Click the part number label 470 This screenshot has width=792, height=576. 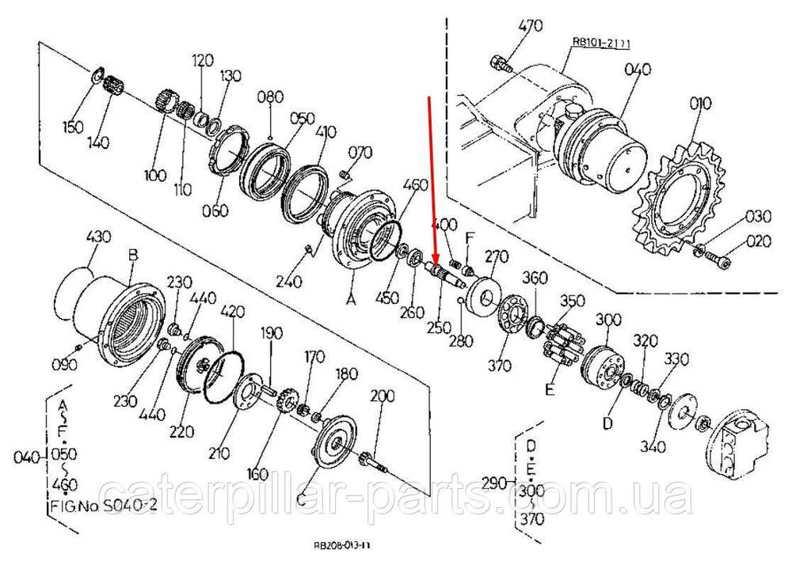(x=531, y=26)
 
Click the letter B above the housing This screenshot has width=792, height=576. (x=133, y=255)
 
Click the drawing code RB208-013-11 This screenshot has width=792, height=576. (x=342, y=546)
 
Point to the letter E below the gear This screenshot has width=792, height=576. (x=549, y=388)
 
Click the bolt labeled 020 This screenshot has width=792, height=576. (x=718, y=258)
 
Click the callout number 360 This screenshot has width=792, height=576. (x=535, y=279)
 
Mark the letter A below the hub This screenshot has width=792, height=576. (x=352, y=299)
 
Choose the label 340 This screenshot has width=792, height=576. (x=653, y=447)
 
